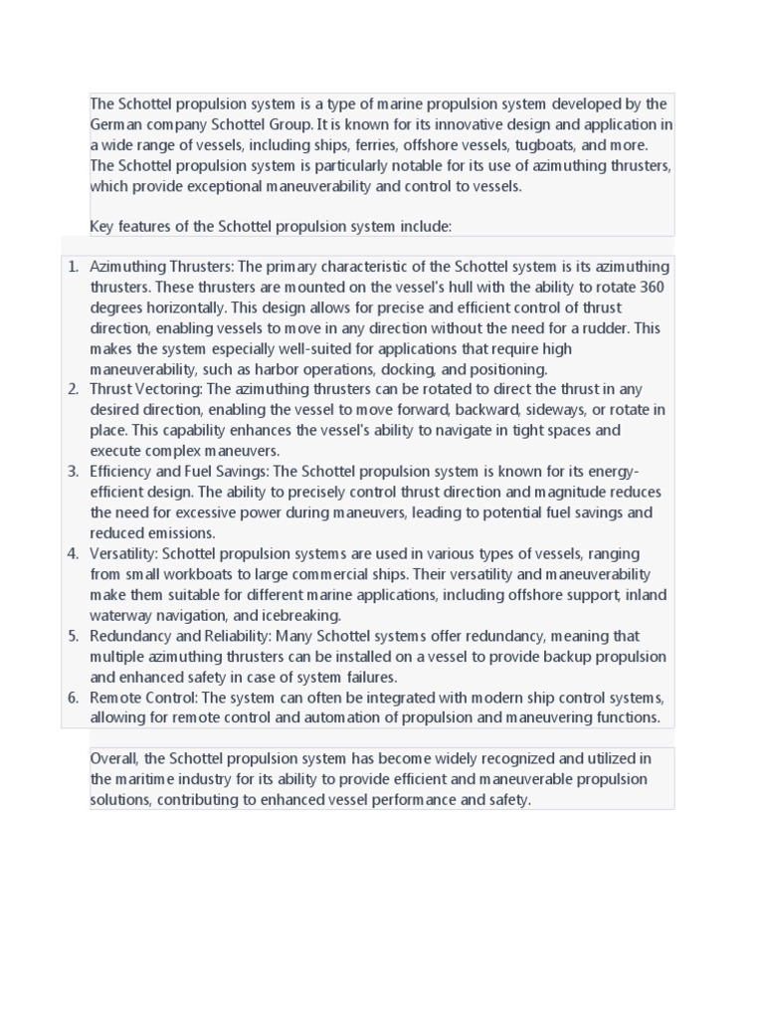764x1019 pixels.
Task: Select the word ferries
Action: click(x=372, y=145)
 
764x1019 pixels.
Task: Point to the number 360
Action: click(x=653, y=287)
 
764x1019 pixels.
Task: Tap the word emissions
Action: click(x=180, y=533)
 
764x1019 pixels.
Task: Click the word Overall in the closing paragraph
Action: click(x=114, y=759)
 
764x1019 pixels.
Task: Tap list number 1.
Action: click(x=73, y=267)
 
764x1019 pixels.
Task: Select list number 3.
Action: click(x=73, y=472)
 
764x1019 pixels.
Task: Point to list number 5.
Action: click(x=73, y=636)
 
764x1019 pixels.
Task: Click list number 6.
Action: click(x=73, y=698)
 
